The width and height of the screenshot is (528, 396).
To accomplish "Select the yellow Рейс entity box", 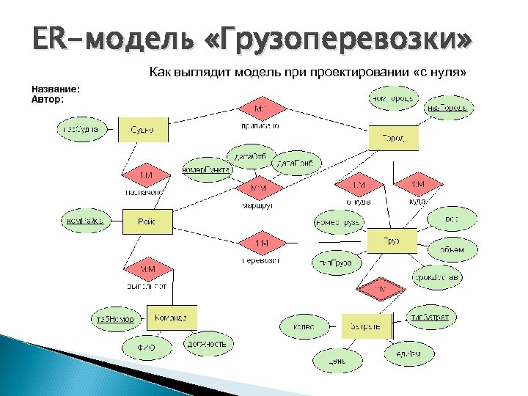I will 147,219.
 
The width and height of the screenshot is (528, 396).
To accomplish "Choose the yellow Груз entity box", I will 391,241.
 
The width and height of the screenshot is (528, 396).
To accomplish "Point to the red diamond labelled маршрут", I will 259,188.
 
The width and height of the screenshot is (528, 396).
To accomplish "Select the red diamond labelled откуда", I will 359,184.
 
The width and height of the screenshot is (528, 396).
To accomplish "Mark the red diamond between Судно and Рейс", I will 145,175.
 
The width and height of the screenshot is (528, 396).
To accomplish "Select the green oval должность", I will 209,343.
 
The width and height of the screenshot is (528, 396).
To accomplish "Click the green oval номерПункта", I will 206,169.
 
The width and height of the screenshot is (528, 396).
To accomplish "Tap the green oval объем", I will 452,250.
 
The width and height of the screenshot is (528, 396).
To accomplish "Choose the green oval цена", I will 337,361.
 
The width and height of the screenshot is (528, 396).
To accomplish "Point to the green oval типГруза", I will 337,262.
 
